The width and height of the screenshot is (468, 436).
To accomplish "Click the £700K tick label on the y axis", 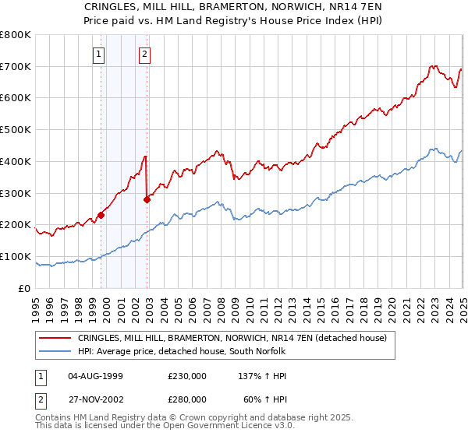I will [16, 67].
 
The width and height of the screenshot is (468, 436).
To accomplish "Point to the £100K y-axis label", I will [16, 256].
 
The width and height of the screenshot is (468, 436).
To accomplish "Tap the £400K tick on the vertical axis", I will [16, 162].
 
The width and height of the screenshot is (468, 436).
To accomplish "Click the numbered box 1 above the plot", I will [100, 54].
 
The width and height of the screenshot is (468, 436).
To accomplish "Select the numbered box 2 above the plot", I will [145, 54].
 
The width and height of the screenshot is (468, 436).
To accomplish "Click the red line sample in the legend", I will [55, 338].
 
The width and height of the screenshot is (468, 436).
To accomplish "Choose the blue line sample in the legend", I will [55, 352].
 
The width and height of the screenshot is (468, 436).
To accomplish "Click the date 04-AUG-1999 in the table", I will [96, 375].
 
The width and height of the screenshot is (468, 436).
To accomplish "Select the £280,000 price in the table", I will [187, 399].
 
